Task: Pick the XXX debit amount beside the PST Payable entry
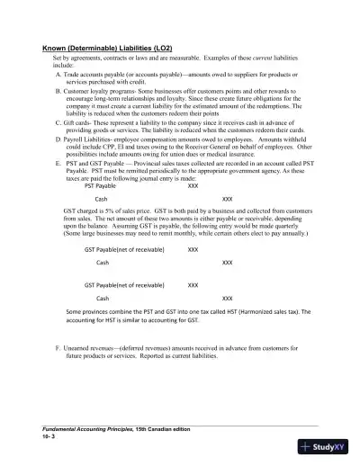click(193, 186)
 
